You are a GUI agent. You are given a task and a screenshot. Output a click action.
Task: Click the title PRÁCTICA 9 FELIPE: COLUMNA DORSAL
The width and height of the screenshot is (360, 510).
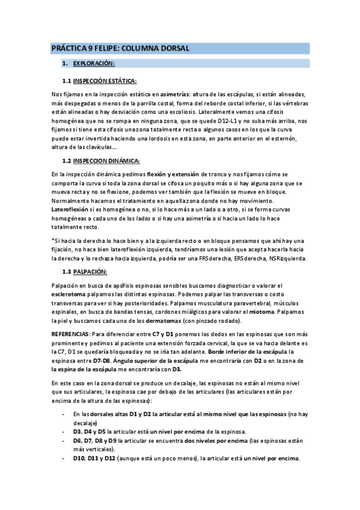(120, 48)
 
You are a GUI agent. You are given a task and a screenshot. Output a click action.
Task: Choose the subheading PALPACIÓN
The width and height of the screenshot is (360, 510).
(91, 272)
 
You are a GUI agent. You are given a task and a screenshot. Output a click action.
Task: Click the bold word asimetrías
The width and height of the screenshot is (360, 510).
(177, 94)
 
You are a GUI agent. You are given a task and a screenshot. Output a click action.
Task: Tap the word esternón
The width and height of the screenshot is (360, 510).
(296, 138)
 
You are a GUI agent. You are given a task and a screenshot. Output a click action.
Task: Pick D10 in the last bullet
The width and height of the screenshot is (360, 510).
(78, 458)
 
